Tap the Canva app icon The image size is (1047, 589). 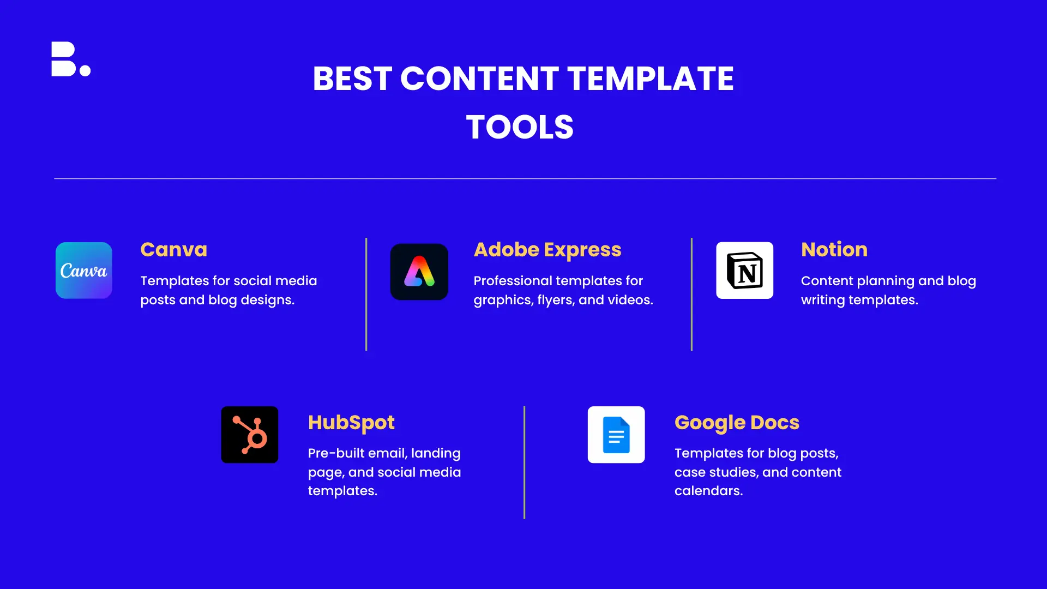click(84, 271)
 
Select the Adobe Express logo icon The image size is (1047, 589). click(419, 272)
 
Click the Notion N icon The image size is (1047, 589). click(745, 271)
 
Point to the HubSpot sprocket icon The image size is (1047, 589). click(250, 435)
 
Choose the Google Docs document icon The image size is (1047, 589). click(616, 435)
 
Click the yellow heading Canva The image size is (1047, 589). click(174, 250)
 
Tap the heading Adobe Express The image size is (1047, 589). click(547, 250)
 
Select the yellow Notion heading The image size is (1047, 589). click(834, 250)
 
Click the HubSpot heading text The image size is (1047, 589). click(351, 423)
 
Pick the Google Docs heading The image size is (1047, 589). click(737, 423)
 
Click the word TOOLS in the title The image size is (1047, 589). click(520, 127)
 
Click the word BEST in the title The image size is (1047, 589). click(352, 79)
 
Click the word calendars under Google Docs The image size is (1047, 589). click(708, 491)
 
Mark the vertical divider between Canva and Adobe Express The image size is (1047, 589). click(366, 294)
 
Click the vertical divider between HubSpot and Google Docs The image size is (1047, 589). click(525, 462)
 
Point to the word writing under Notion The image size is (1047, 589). click(823, 300)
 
